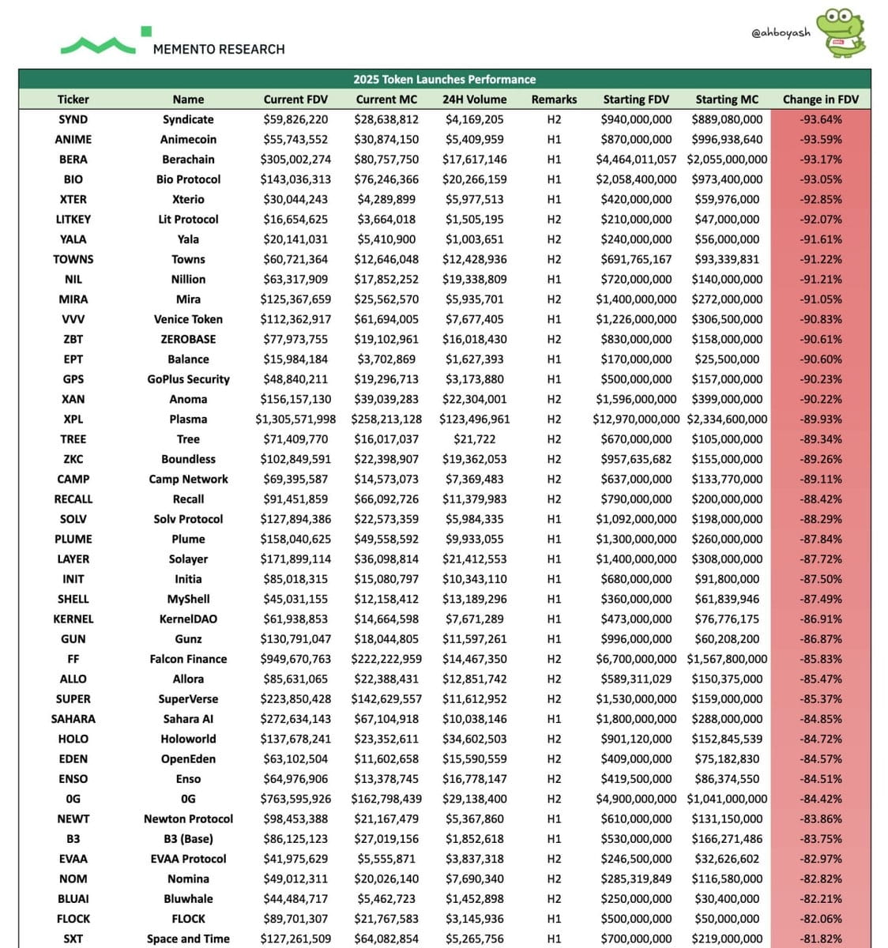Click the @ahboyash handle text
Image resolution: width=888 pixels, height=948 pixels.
(781, 33)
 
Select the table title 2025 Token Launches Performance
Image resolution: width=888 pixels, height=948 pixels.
(444, 79)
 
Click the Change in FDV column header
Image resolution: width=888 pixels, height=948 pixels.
(820, 100)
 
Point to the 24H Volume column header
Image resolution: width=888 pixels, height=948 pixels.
(474, 100)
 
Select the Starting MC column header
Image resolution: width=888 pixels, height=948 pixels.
(727, 100)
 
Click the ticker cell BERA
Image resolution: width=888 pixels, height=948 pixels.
(73, 159)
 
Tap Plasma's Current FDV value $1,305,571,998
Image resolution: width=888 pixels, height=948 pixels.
(295, 419)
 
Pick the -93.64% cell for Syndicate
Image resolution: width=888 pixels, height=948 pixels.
(820, 119)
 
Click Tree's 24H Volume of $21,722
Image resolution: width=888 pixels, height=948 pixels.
(474, 439)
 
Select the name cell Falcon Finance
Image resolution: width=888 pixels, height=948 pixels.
(188, 659)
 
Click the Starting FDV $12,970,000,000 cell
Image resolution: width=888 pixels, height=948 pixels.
(635, 419)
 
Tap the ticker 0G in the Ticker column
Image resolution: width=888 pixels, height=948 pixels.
(73, 799)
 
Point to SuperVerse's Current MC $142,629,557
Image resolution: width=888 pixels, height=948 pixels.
(387, 698)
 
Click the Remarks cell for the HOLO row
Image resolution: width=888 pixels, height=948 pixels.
(554, 739)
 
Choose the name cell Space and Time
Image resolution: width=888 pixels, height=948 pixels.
(188, 939)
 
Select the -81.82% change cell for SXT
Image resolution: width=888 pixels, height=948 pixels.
(820, 939)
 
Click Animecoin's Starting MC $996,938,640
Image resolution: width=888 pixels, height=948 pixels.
(727, 139)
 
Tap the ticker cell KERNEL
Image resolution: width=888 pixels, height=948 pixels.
(73, 619)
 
